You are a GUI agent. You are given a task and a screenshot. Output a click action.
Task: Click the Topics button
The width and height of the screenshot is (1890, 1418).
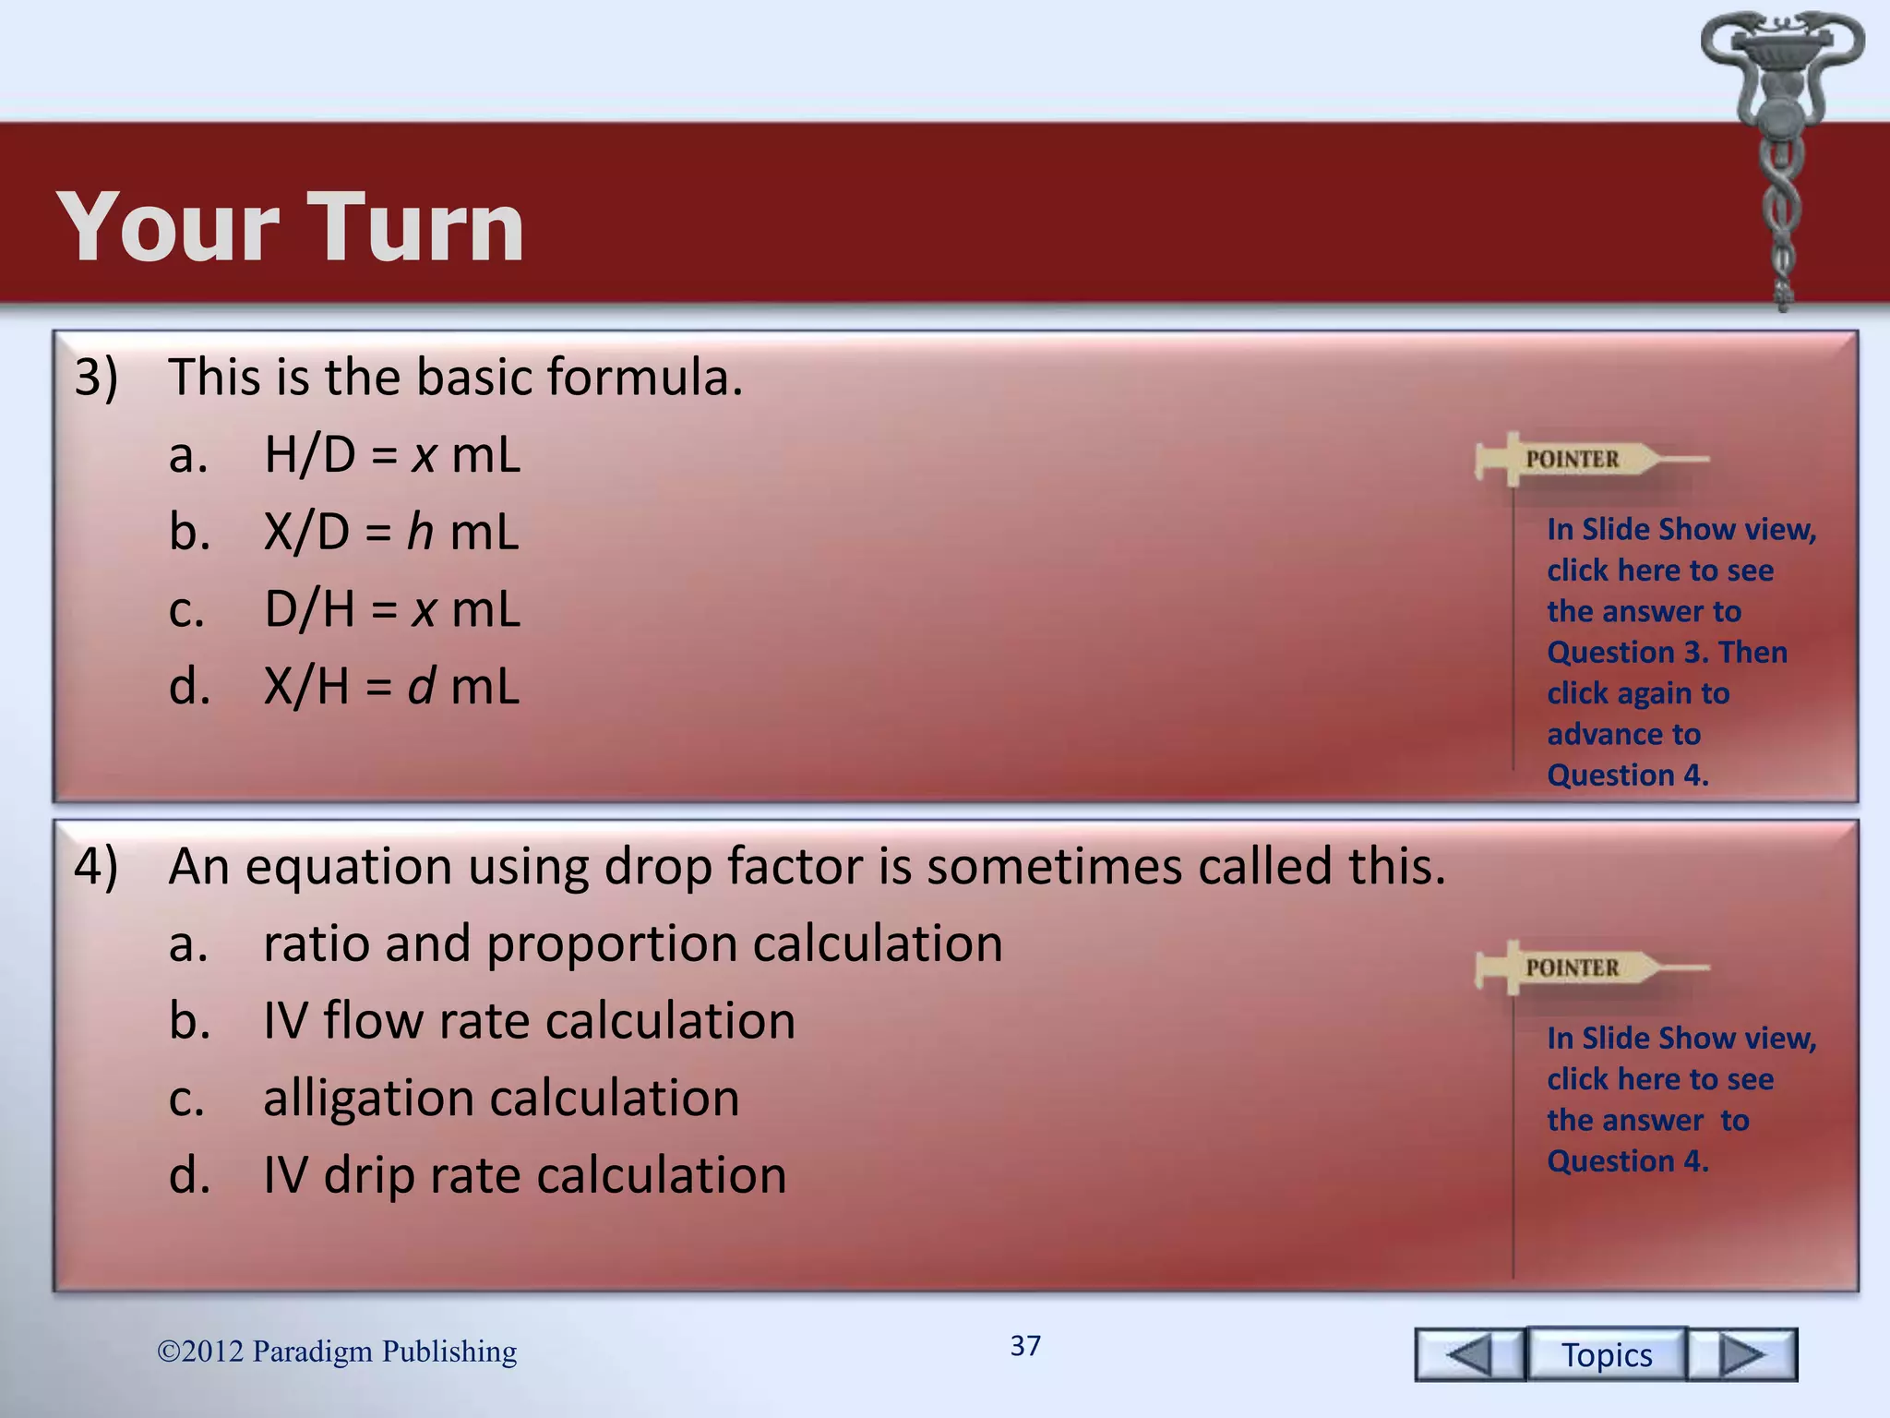pyautogui.click(x=1606, y=1354)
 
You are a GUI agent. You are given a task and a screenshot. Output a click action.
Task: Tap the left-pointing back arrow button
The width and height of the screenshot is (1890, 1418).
pyautogui.click(x=1470, y=1354)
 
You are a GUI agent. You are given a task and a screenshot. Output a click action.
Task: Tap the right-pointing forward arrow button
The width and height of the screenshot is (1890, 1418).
pyautogui.click(x=1741, y=1354)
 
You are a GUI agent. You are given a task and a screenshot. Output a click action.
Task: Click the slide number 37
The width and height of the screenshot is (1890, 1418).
pyautogui.click(x=1025, y=1346)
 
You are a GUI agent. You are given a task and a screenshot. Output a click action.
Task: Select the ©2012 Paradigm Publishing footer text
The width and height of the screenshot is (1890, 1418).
pyautogui.click(x=337, y=1352)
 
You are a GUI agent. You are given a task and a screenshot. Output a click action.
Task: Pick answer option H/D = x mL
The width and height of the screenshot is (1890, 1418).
pyautogui.click(x=392, y=455)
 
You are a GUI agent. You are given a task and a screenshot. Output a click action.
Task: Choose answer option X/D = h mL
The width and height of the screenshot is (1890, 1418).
pyautogui.click(x=391, y=533)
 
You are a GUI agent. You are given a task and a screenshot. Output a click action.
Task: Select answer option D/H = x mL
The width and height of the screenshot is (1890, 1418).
pyautogui.click(x=392, y=610)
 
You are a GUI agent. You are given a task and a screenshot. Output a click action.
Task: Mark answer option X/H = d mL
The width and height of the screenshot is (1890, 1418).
pyautogui.click(x=391, y=687)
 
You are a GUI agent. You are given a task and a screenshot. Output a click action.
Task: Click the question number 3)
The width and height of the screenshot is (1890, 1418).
pyautogui.click(x=96, y=378)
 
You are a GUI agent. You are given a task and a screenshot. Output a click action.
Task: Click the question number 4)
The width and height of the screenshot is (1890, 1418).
pyautogui.click(x=96, y=867)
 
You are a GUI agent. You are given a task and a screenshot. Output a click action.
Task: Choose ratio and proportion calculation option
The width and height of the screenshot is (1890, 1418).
pyautogui.click(x=632, y=944)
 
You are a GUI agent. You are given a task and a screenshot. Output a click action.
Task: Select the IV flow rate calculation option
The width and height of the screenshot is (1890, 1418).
pyautogui.click(x=529, y=1022)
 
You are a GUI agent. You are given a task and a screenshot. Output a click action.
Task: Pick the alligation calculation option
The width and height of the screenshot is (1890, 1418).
pyautogui.click(x=501, y=1099)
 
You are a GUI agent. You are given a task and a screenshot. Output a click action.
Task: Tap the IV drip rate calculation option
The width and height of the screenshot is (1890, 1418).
pyautogui.click(x=524, y=1176)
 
